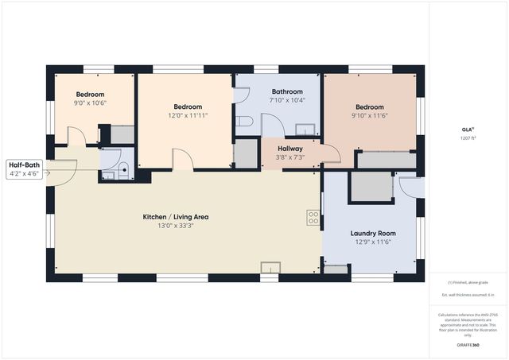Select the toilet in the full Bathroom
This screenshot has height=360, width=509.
[245, 122]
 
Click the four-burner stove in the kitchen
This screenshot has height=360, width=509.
[313, 215]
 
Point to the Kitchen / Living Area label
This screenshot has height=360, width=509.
[175, 216]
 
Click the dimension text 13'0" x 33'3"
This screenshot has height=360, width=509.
[175, 225]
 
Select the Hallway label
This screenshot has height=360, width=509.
[289, 149]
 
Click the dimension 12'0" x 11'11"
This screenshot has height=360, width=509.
[188, 115]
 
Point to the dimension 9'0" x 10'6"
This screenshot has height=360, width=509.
[91, 103]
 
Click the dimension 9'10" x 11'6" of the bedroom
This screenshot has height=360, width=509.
[370, 115]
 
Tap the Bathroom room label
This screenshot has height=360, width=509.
[286, 91]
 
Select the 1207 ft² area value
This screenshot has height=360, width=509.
[468, 138]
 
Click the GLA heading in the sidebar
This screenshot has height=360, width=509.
[468, 129]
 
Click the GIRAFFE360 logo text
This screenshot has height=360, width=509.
[468, 346]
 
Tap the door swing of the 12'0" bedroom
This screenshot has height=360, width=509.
[183, 160]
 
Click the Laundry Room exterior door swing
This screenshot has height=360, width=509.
[409, 188]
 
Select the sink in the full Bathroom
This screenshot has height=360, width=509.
[304, 129]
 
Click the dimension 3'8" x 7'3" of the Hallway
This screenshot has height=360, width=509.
[289, 157]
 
